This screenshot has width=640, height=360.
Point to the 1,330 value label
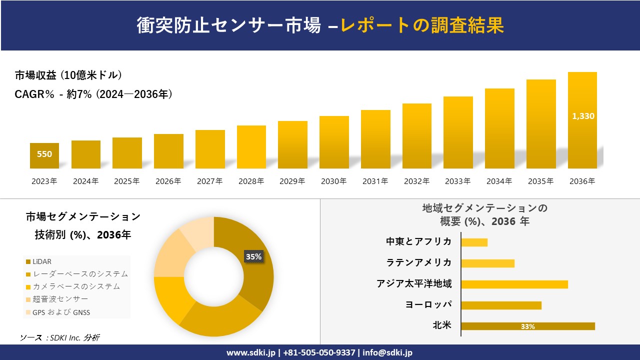[583, 116]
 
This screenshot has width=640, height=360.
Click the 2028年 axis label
[251, 181]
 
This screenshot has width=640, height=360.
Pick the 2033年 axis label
[458, 181]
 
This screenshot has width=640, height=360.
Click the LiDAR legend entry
[42, 261]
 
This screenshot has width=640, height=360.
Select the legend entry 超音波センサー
[60, 299]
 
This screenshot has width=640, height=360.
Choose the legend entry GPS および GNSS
[61, 312]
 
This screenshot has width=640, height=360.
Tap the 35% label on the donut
[253, 256]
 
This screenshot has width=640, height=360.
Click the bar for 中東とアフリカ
[474, 242]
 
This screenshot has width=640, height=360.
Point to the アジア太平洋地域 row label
[414, 284]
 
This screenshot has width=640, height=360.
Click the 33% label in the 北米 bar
[527, 326]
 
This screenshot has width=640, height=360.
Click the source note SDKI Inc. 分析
[59, 338]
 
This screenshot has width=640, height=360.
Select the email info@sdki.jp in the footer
[388, 352]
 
